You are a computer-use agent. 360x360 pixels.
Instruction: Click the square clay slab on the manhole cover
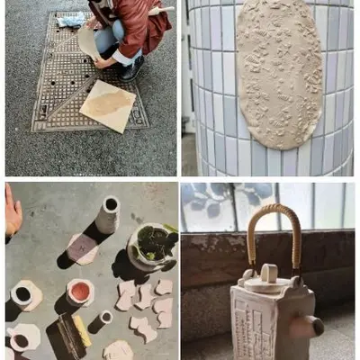108,104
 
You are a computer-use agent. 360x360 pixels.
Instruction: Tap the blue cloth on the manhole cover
72,19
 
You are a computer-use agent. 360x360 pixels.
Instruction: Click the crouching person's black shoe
131,67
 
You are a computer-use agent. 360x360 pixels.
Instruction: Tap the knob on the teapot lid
267,273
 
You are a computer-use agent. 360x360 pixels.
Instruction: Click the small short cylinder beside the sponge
104,318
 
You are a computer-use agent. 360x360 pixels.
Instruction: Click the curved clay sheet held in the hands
88,40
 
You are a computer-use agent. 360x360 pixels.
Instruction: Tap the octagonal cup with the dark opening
24,294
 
